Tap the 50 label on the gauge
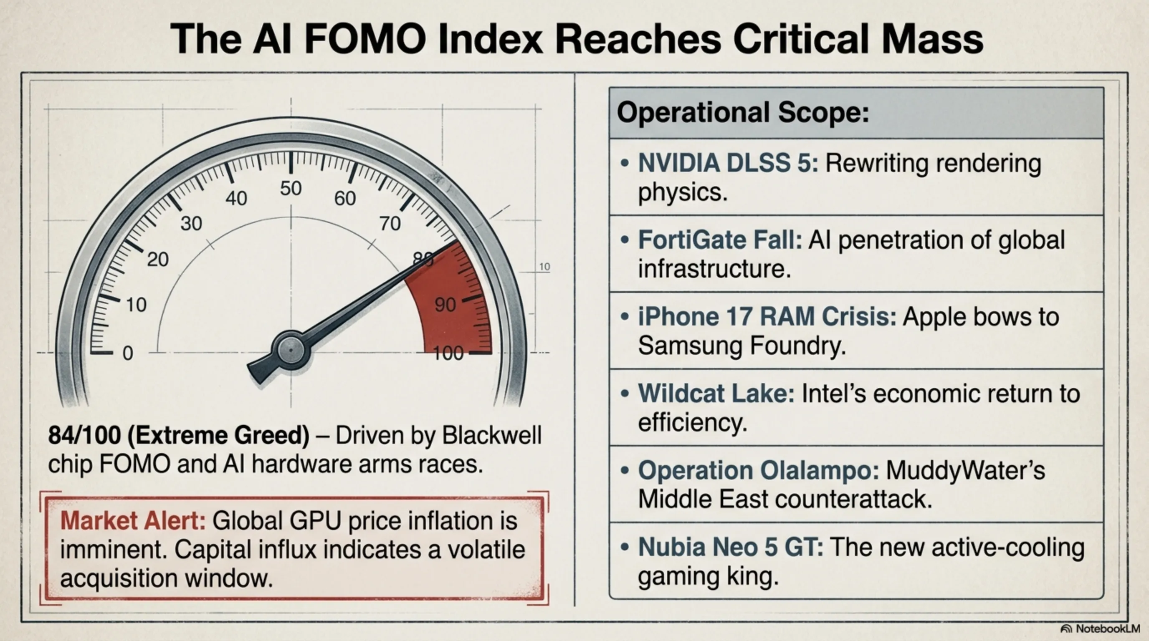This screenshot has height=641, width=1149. (x=291, y=189)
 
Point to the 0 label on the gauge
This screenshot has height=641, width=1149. (x=128, y=353)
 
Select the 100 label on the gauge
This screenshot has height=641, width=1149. (x=448, y=353)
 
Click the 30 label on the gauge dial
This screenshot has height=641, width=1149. (x=191, y=223)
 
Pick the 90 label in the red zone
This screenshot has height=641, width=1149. (x=445, y=305)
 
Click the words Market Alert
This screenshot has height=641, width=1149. (x=132, y=521)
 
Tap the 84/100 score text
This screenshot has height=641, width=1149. (x=84, y=435)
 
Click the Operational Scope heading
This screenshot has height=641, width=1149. (x=743, y=112)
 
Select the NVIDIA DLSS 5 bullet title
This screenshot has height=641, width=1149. (x=728, y=163)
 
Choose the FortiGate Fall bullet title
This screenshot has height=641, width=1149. (x=720, y=240)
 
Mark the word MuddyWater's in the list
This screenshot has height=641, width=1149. (x=965, y=470)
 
